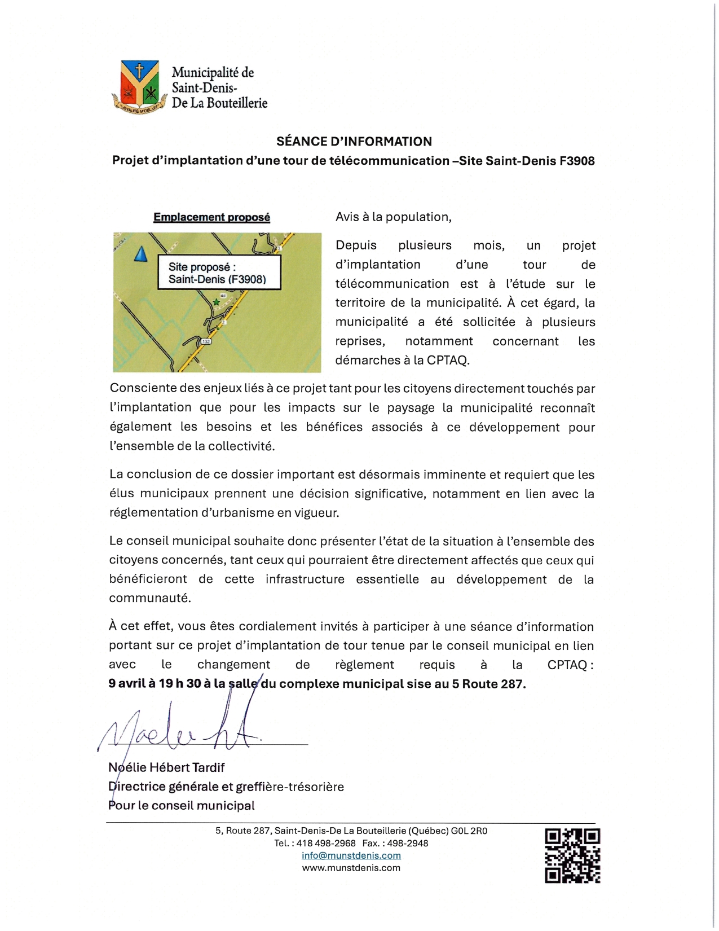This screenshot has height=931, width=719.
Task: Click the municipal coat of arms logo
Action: (139, 86)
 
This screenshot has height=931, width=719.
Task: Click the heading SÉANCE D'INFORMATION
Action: (354, 142)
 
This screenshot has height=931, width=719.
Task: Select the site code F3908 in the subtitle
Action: (577, 161)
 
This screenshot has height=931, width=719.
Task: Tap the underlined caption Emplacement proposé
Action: (211, 217)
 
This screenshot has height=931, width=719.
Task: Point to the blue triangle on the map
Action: (140, 254)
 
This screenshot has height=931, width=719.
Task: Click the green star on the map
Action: (216, 302)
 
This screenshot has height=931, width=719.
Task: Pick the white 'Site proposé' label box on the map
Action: (219, 273)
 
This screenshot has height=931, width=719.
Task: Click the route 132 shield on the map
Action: (206, 342)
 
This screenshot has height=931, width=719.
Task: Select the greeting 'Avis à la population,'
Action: (393, 217)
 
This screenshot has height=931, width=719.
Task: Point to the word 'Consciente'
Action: (143, 388)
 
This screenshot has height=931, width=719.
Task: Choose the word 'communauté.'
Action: (150, 598)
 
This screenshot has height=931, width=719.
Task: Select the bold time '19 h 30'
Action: (180, 684)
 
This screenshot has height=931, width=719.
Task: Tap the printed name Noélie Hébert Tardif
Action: (166, 767)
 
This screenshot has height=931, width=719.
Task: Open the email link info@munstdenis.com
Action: (351, 855)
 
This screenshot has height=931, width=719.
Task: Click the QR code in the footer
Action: (572, 855)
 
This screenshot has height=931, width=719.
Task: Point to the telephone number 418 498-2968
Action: (326, 843)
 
